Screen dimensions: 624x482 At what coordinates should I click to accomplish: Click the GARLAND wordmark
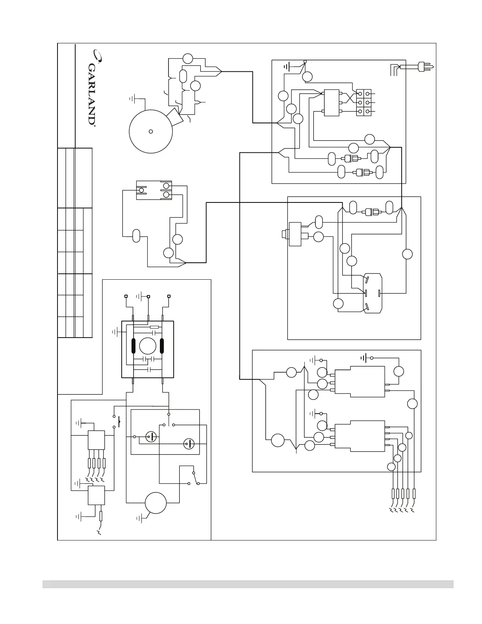point(91,93)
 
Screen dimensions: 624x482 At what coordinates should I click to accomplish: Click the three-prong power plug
point(425,67)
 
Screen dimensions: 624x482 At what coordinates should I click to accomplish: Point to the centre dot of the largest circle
point(150,132)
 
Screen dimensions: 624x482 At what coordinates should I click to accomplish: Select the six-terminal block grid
point(364,102)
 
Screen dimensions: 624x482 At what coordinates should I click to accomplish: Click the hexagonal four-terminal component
point(372,293)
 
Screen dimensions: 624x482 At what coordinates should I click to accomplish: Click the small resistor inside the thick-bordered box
point(154,327)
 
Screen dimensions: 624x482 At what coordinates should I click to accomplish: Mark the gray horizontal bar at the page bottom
point(248,584)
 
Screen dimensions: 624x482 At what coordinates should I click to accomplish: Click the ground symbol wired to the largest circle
point(135,98)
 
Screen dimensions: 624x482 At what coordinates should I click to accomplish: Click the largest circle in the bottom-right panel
point(278,440)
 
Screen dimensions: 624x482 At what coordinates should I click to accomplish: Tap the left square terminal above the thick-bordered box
point(126,296)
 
